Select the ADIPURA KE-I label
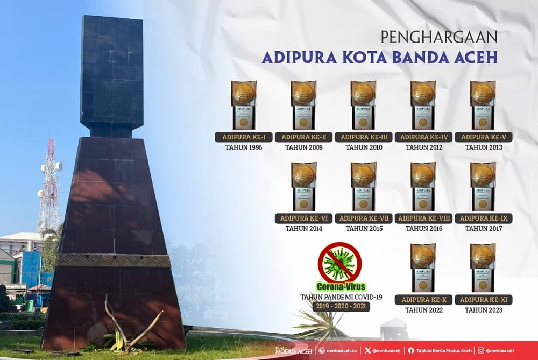pos(244,137)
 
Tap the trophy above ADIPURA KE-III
pos(363,104)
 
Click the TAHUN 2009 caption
pos(303,147)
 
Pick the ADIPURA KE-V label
pos(483,137)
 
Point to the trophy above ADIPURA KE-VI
pos(303,186)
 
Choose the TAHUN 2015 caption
pos(364,229)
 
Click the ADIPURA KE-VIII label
pos(423,218)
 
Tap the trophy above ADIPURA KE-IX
pos(483,186)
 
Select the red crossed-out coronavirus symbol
pos(339,262)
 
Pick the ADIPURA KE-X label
pos(423,300)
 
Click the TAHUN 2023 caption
pos(483,310)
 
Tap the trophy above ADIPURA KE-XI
pos(483,267)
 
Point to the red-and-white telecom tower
pos(49,183)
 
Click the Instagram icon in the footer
pos(480,350)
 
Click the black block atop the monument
pos(112,75)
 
